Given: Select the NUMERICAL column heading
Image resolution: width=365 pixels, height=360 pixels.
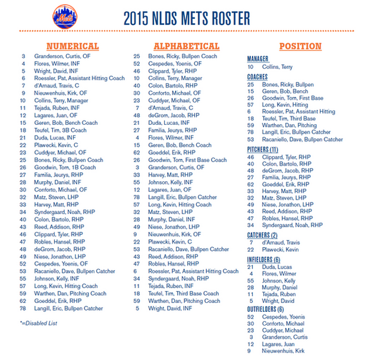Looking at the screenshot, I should coord(73,46).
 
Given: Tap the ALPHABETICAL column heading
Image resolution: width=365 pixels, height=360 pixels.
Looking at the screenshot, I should coord(186,46).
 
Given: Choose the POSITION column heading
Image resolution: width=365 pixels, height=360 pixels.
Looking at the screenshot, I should coord(300,46).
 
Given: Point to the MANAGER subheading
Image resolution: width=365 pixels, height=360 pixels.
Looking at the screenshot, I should coord(258,59).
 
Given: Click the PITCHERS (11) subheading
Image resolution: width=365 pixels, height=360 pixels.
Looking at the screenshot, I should coord(263,149).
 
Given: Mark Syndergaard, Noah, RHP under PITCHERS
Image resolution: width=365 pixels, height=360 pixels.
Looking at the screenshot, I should coord(292,225).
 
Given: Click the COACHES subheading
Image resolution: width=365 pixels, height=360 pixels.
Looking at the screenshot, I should coord(257,77).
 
